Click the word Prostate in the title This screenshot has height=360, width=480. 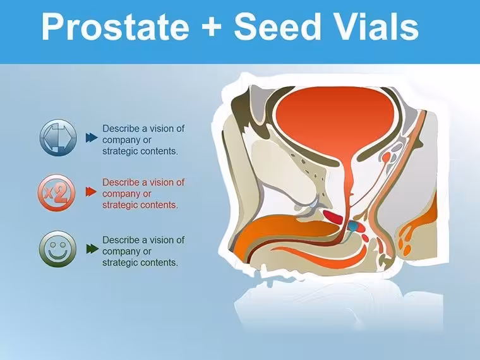pos(115,27)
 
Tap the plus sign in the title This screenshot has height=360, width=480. pos(211,27)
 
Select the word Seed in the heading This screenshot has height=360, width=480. pos(277,27)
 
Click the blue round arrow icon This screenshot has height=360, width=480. pos(58,138)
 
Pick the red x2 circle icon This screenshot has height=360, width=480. pos(57,193)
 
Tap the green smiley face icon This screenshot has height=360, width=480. pos(57,249)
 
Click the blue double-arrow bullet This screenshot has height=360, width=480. pos(92,138)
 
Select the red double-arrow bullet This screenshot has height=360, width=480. pos(91,191)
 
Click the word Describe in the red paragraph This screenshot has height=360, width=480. pos(121,183)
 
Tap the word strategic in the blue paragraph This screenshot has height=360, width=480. pos(118,151)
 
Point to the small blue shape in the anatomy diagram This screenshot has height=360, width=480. pos(352,226)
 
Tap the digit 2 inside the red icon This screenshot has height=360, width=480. pos(61,193)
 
